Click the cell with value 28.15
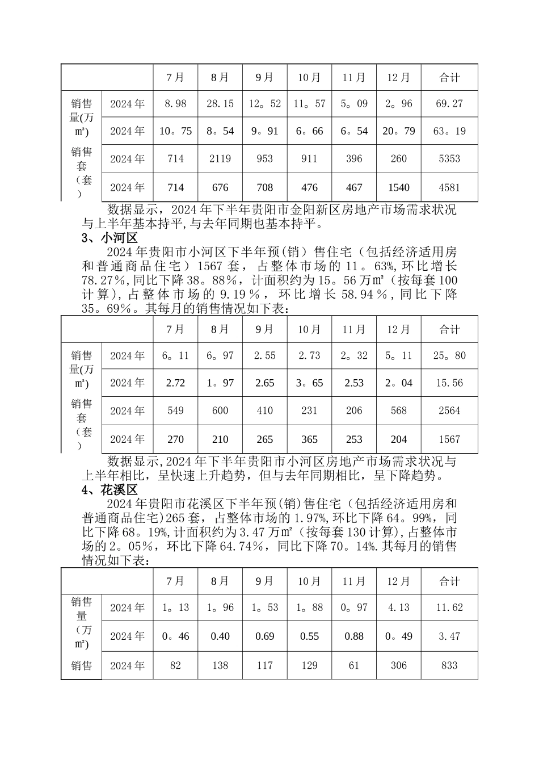220,104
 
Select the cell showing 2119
220,159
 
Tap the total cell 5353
449,159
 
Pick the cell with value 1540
399,187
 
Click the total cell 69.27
449,104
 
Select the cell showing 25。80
449,356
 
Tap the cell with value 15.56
449,383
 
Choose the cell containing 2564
449,410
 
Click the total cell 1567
449,439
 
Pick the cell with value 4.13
399,607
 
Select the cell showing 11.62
449,607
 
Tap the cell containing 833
449,665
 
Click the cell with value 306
399,665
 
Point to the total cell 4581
449,187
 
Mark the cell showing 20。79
399,131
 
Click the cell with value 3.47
449,636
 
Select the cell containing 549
175,410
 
